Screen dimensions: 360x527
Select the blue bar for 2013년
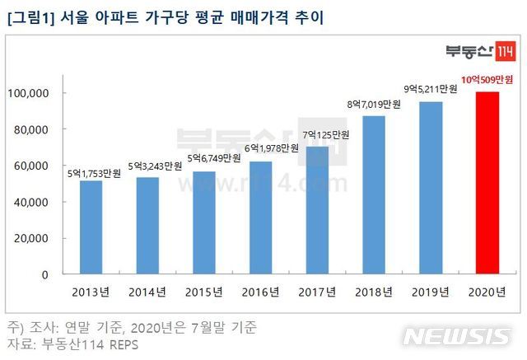(91, 227)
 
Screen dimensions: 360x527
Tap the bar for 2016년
(260, 218)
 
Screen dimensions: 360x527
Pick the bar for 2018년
(374, 195)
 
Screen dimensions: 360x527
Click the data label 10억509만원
(488, 82)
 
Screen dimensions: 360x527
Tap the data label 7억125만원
(317, 136)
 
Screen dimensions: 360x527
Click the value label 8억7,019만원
(374, 105)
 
